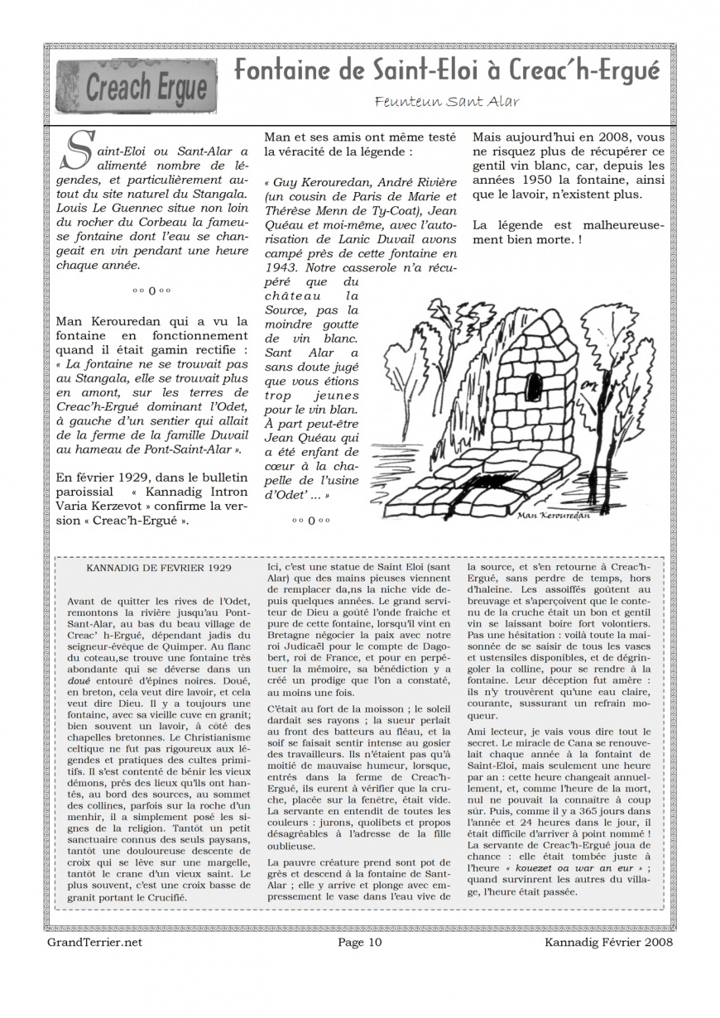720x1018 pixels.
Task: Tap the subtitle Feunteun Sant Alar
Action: pos(447,102)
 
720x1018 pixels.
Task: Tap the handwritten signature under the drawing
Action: pos(550,515)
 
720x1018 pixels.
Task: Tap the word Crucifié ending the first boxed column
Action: pos(168,896)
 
